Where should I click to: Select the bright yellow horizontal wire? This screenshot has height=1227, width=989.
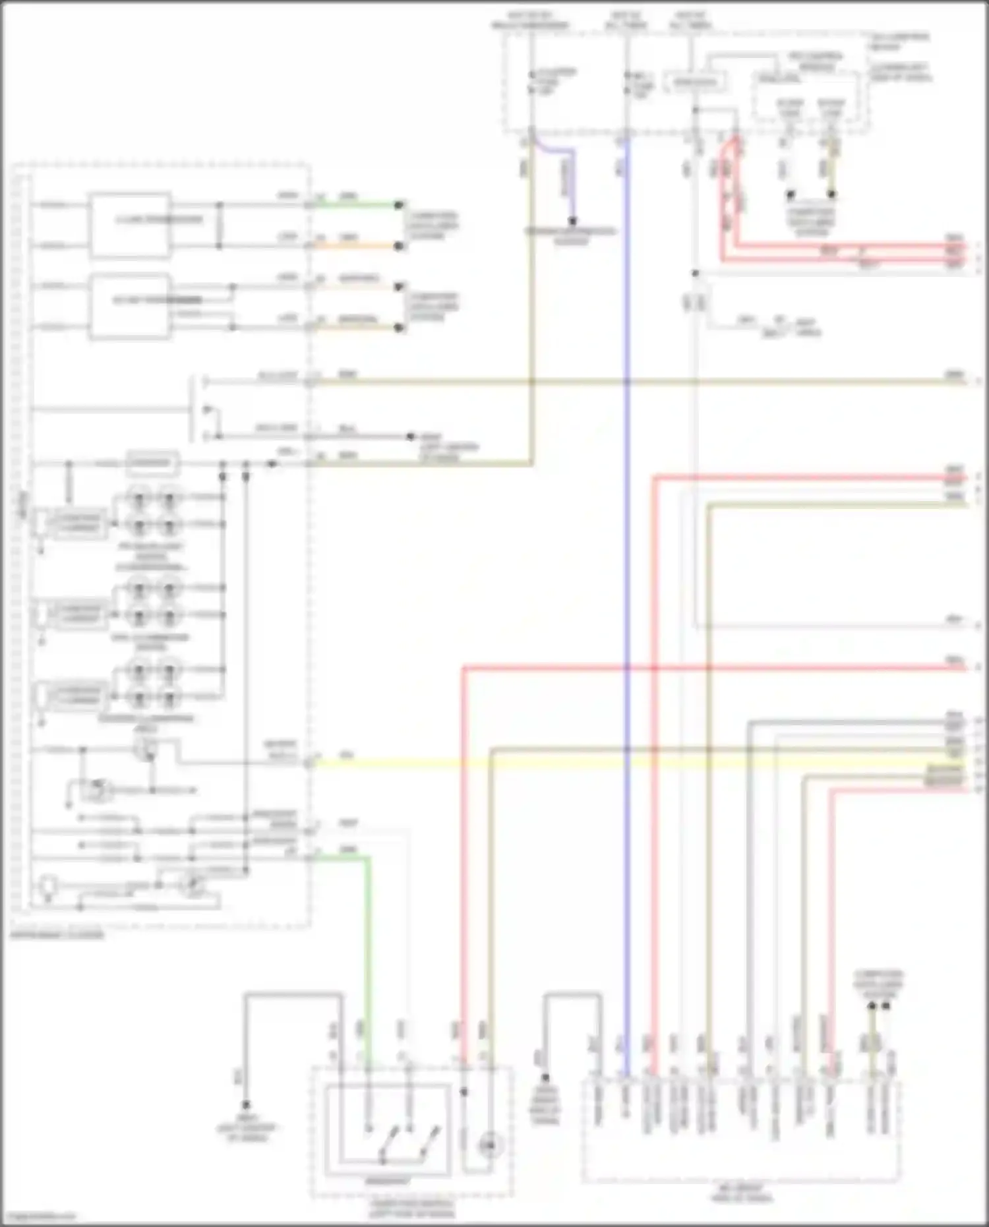click(x=593, y=763)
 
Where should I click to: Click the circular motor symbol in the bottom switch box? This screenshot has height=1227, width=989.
click(x=489, y=1146)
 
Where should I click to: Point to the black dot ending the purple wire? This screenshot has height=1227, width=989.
click(x=573, y=221)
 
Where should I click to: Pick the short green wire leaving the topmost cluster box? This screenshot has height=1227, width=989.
click(x=356, y=205)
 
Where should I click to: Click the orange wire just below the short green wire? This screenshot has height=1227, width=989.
click(x=356, y=246)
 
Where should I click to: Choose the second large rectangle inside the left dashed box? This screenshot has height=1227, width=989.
click(x=130, y=306)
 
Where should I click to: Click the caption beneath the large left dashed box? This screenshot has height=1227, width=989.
click(x=57, y=935)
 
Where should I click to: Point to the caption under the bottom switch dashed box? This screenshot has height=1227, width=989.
click(x=412, y=1209)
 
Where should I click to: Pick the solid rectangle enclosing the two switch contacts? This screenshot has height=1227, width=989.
click(x=388, y=1130)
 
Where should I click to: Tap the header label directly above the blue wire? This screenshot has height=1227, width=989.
click(x=626, y=20)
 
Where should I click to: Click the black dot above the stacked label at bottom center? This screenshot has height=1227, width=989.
click(x=545, y=1079)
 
